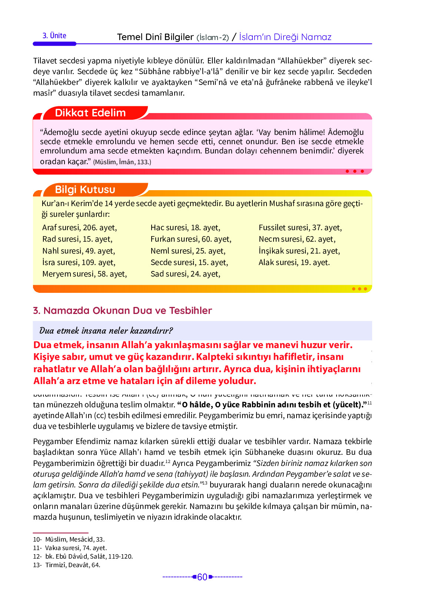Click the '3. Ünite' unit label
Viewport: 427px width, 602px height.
(54, 36)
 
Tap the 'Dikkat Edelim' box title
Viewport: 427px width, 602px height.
(90, 113)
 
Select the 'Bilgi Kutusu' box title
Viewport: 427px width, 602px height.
(85, 189)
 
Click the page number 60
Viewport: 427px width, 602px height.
(202, 577)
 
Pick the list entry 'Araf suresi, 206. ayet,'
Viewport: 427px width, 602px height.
(79, 228)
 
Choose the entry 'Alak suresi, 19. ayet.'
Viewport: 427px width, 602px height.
(294, 262)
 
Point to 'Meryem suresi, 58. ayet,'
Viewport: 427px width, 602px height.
(85, 274)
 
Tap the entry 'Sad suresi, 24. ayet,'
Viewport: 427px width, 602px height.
(185, 274)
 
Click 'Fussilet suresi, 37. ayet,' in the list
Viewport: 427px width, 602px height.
(300, 228)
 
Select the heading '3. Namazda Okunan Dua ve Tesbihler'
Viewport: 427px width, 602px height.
(122, 311)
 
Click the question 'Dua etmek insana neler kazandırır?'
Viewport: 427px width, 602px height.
(106, 331)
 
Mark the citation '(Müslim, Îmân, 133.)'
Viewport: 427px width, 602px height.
(122, 162)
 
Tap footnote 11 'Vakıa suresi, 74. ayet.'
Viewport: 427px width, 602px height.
(76, 548)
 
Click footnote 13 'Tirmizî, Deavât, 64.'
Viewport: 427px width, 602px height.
(73, 565)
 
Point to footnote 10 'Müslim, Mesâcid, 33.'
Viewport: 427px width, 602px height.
(75, 539)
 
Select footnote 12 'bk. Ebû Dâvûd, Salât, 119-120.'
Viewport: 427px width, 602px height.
(89, 556)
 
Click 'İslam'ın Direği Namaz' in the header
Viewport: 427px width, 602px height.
(285, 37)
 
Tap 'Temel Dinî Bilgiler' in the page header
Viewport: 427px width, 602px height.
(155, 37)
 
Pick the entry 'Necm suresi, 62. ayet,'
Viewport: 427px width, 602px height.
(297, 239)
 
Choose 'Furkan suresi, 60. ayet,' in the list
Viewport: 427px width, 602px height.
(191, 239)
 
